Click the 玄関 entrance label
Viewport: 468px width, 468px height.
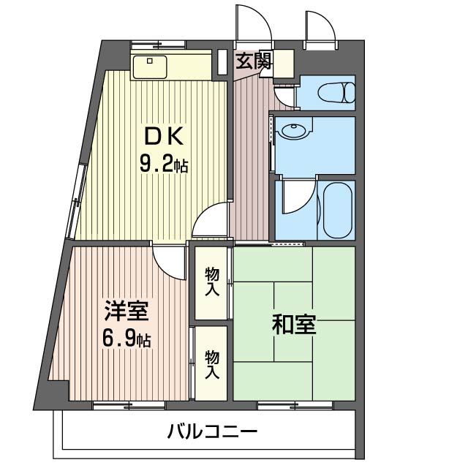pyautogui.click(x=253, y=61)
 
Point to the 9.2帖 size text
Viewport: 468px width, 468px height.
pyautogui.click(x=164, y=165)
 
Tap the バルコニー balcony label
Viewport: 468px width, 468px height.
pyautogui.click(x=212, y=431)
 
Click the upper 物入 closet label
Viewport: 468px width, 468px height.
pyautogui.click(x=212, y=282)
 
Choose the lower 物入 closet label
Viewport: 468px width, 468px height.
pyautogui.click(x=212, y=363)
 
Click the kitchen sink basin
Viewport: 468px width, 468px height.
pyautogui.click(x=150, y=66)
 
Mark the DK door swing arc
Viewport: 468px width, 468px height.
pyautogui.click(x=211, y=220)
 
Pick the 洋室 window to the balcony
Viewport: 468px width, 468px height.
pyautogui.click(x=118, y=404)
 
